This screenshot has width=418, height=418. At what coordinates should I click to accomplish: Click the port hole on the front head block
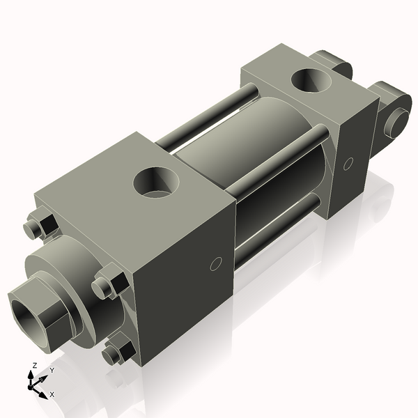point(157,183)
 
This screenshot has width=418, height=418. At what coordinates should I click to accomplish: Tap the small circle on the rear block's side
point(348,164)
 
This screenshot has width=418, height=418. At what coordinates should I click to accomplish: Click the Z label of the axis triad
point(34,366)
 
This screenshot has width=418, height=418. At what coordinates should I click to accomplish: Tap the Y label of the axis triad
point(51,371)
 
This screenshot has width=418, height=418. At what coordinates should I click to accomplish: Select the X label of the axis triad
point(52,394)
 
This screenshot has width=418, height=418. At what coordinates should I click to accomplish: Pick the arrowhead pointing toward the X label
point(44,391)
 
